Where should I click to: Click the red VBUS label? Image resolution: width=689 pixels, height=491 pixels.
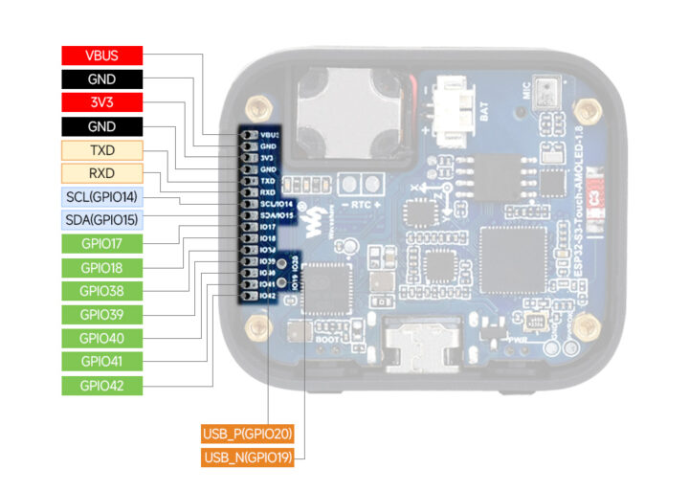point(101,56)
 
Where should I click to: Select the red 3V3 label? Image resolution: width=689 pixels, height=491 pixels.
point(101,102)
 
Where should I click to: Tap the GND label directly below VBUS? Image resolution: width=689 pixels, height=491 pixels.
point(101,78)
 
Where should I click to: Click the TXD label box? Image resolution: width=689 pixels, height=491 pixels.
point(101,150)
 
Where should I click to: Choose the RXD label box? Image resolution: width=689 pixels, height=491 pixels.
point(101,173)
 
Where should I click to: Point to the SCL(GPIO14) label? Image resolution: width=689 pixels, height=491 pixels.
point(101,197)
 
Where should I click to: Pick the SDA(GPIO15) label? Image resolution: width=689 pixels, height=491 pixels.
point(101,220)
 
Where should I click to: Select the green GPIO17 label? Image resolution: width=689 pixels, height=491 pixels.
point(101,244)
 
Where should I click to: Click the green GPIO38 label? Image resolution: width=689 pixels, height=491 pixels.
point(101,291)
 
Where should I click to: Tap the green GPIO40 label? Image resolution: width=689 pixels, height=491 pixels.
point(101,338)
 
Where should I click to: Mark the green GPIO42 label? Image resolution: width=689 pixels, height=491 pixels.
point(101,386)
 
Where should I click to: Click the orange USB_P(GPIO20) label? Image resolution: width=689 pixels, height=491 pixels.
point(246,434)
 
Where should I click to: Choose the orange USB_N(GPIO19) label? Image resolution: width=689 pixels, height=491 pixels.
point(246,458)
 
